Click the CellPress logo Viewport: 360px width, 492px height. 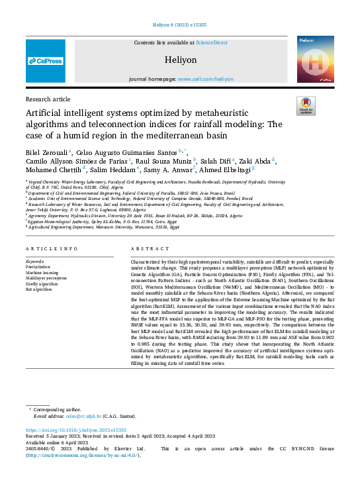pyautogui.click(x=46, y=61)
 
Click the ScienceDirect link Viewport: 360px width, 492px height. pyautogui.click(x=211, y=42)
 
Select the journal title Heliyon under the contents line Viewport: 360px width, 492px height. pyautogui.click(x=181, y=60)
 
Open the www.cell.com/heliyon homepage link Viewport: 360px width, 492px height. pyautogui.click(x=209, y=79)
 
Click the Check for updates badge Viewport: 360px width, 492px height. pyautogui.click(x=305, y=106)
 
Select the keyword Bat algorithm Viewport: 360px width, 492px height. pyautogui.click(x=40, y=289)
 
